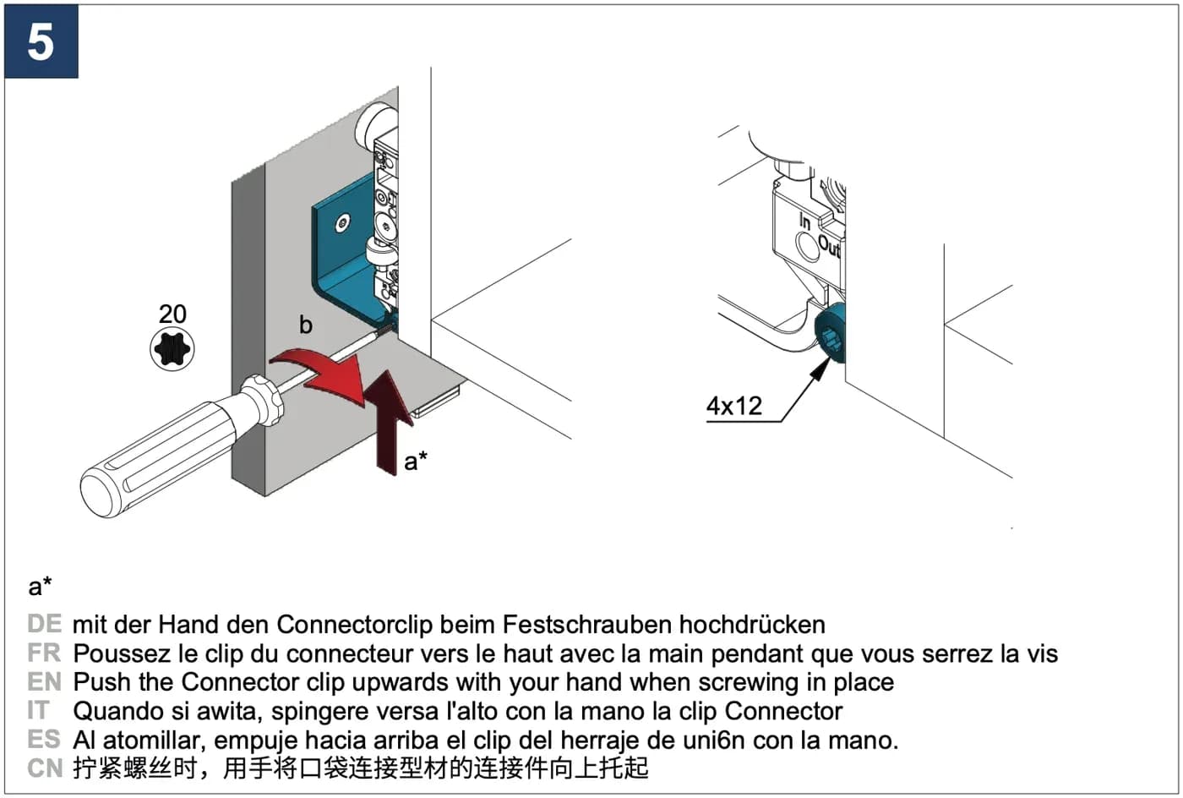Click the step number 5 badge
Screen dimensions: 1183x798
click(41, 41)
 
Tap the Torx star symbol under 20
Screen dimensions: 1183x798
click(172, 349)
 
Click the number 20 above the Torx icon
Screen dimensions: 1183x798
click(172, 314)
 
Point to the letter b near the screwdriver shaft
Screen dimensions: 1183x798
click(306, 324)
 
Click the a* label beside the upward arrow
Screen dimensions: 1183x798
click(416, 461)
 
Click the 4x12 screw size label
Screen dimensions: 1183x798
click(734, 406)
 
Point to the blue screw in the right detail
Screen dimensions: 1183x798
click(830, 333)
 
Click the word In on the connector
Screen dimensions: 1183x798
click(804, 221)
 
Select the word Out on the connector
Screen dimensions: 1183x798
click(829, 246)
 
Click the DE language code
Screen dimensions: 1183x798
click(44, 624)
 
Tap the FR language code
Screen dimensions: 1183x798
click(44, 653)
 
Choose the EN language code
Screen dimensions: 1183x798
click(44, 681)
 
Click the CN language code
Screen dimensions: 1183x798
click(45, 768)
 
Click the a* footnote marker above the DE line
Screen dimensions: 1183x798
click(41, 586)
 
